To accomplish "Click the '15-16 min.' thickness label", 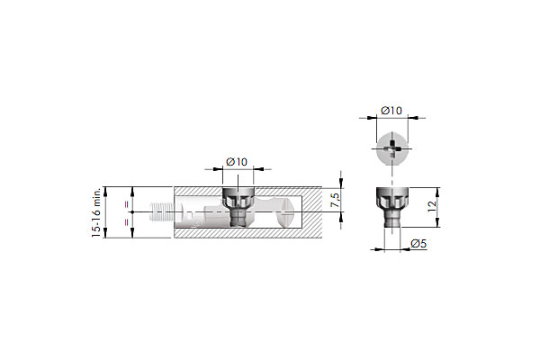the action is (96, 212).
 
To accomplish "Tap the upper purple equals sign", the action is (127, 204).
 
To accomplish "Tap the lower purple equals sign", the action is (127, 222).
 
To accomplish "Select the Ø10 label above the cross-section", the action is (237, 162).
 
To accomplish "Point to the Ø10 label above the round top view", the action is (391, 111).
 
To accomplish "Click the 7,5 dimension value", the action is (335, 200).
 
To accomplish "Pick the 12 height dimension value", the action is (432, 206).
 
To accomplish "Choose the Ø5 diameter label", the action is (418, 244).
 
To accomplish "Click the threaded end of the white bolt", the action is (162, 211).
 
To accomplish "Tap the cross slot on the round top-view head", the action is (392, 149).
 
